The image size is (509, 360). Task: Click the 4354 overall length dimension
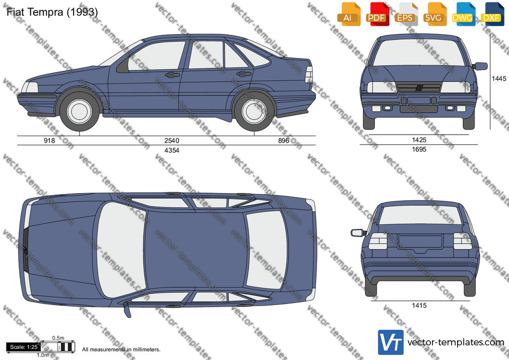[172, 150]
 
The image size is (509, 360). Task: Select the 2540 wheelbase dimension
[172, 140]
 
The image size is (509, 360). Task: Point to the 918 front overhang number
[49, 140]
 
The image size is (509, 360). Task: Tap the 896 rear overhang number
[284, 140]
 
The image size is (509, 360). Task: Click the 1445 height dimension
[499, 79]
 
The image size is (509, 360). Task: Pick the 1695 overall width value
[419, 149]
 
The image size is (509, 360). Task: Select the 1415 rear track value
[419, 306]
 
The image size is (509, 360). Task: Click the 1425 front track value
[419, 140]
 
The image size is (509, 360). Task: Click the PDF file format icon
[377, 14]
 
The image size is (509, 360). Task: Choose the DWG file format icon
[463, 14]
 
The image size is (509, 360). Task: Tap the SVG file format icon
[434, 14]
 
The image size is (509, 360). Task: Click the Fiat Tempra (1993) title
[52, 12]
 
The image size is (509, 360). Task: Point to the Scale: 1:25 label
[24, 347]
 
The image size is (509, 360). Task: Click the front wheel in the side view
[79, 111]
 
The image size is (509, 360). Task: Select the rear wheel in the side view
[254, 111]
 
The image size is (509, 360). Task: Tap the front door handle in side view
[172, 75]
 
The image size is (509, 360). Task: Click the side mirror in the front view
[480, 66]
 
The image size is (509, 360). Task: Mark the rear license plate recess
[420, 242]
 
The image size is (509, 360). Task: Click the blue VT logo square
[391, 342]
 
